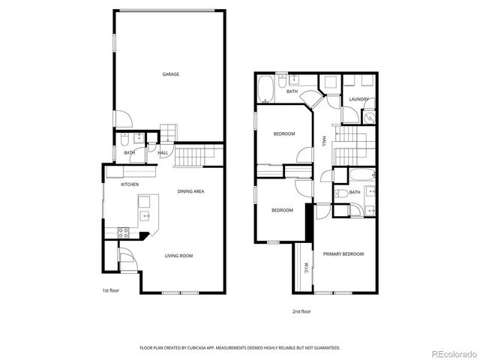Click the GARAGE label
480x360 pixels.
point(170,74)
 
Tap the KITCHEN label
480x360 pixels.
point(130,184)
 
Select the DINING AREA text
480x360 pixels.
point(191,191)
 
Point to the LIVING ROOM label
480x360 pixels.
point(179,256)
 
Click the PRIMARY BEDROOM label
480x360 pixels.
point(343,254)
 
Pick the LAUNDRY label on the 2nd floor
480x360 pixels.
point(358,99)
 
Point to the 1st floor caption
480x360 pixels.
point(110,290)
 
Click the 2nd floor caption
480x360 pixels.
point(301,310)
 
